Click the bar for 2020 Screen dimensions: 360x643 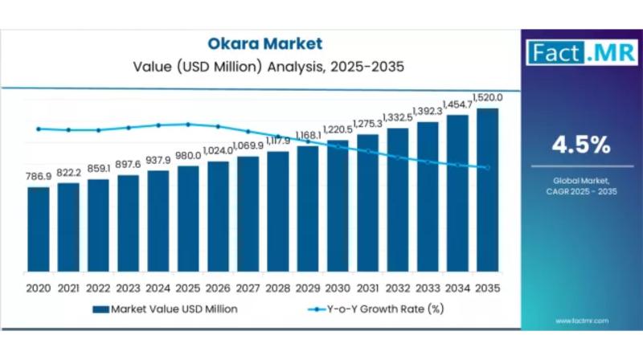coord(38,229)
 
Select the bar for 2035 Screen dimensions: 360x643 coord(487,190)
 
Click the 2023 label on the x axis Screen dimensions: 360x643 coord(128,287)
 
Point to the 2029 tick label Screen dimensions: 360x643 coord(308,287)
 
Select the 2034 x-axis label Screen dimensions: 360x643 coord(457,287)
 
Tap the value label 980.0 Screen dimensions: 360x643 coord(188,156)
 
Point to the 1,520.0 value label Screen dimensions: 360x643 coord(488,97)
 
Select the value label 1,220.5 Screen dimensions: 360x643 coord(338,129)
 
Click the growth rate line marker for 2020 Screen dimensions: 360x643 coord(38,128)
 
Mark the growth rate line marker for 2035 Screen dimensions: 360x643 coord(487,167)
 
